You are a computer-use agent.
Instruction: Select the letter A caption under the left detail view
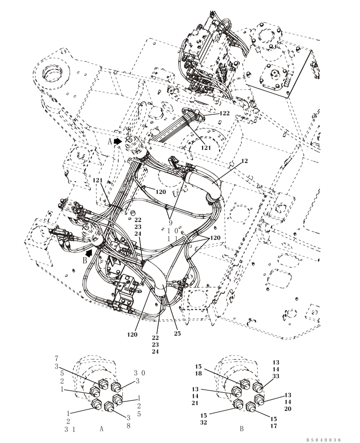[101, 429]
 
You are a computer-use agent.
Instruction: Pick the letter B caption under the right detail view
[242, 429]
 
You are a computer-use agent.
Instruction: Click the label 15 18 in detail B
[198, 370]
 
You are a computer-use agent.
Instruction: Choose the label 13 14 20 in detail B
[288, 401]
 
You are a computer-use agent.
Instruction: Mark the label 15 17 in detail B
[274, 422]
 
